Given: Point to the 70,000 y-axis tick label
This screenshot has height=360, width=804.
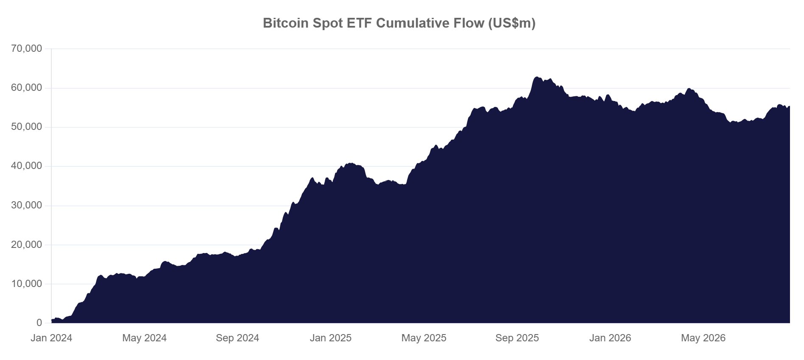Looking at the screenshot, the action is click(x=27, y=49).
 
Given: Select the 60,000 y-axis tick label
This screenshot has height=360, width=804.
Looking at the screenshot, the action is click(x=27, y=88).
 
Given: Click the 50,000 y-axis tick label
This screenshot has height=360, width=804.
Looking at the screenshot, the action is click(x=27, y=127).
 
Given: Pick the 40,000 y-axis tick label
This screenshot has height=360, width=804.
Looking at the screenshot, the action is click(x=27, y=166).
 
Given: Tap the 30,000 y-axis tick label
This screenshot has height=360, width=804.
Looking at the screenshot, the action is click(x=27, y=205).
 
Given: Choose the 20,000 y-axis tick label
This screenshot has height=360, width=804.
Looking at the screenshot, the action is click(x=27, y=245).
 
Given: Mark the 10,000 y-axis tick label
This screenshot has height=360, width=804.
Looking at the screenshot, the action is click(x=27, y=284).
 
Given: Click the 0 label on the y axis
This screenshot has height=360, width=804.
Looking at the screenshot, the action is click(x=39, y=323).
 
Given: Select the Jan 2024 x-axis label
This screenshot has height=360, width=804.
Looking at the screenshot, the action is click(x=51, y=338).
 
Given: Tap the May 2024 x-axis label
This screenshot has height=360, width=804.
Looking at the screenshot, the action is click(x=144, y=338).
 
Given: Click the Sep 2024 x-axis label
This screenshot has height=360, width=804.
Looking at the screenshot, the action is click(x=237, y=338).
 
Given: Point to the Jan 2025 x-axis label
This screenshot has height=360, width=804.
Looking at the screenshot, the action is click(x=331, y=338).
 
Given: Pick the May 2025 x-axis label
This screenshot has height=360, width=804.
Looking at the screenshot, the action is click(x=424, y=338).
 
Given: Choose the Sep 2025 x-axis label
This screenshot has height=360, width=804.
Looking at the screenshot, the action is click(x=517, y=338).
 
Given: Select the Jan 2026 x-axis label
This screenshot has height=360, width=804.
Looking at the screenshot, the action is click(x=610, y=338).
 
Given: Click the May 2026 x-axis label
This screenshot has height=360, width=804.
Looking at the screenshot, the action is click(x=703, y=338).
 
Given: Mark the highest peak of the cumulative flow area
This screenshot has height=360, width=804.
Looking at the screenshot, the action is click(x=537, y=77).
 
